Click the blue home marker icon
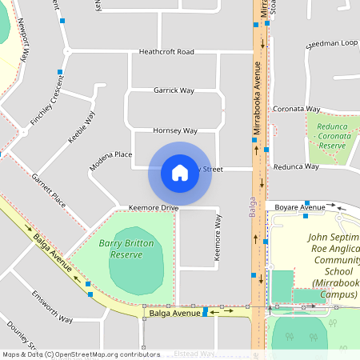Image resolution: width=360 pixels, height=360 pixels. point(180,173)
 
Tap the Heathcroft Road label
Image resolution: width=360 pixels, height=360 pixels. point(166,52)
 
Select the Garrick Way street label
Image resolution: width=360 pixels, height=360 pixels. point(174,90)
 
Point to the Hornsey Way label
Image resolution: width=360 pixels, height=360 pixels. point(175,130)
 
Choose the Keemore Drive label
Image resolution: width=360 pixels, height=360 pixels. point(153,208)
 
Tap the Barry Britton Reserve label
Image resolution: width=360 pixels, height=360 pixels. point(121,248)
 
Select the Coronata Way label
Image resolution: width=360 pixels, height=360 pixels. point(296,109)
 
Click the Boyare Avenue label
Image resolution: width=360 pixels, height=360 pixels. point(298,206)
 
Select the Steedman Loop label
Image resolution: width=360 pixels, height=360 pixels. point(331,44)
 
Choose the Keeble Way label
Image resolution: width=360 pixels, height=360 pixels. point(81,127)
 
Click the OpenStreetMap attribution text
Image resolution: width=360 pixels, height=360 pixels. point(81,354)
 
